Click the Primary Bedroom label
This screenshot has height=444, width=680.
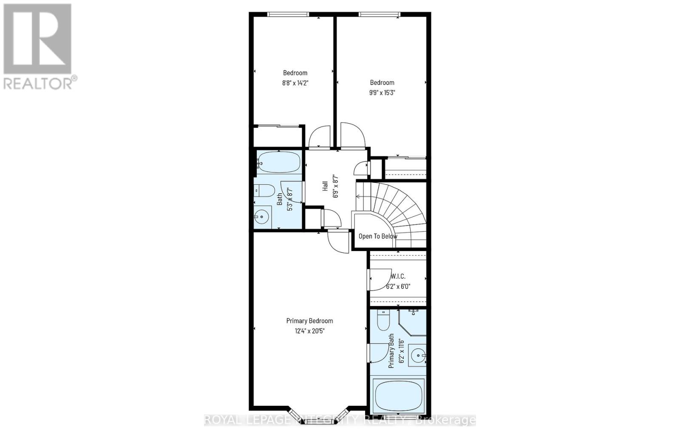[309, 321]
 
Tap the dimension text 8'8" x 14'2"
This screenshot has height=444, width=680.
[295, 83]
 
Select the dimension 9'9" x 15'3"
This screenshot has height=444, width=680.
[382, 93]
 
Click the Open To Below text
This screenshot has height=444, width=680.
[377, 236]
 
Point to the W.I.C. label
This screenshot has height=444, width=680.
[398, 276]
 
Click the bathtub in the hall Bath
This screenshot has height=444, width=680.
[279, 162]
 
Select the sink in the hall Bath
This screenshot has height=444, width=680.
[263, 217]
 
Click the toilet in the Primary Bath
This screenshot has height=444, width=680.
[383, 321]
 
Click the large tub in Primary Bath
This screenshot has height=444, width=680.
[398, 394]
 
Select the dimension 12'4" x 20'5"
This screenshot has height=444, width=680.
[309, 331]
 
